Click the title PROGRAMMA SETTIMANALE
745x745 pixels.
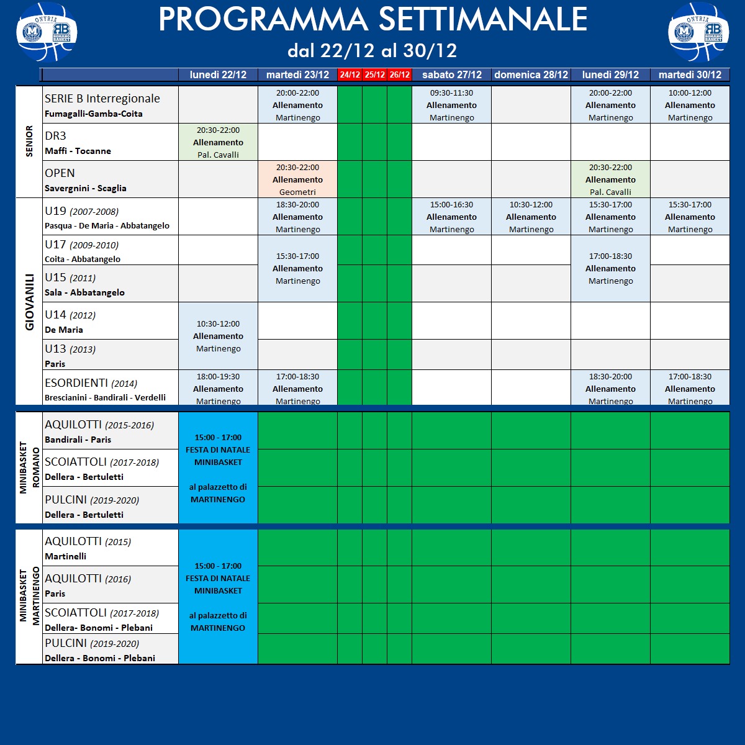pyautogui.click(x=372, y=20)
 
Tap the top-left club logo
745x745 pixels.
pyautogui.click(x=47, y=32)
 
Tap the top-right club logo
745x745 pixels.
pyautogui.click(x=698, y=32)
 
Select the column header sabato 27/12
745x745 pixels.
pyautogui.click(x=451, y=74)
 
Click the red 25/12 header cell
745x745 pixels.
pyautogui.click(x=374, y=74)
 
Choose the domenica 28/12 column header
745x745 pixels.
pyautogui.click(x=531, y=74)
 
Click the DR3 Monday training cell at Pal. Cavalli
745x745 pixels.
pyautogui.click(x=218, y=142)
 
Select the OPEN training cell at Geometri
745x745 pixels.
pyautogui.click(x=297, y=179)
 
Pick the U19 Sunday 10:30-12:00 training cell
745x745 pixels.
pyautogui.click(x=531, y=217)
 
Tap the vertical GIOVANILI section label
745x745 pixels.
pyautogui.click(x=29, y=302)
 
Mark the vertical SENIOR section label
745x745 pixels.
pyautogui.click(x=29, y=142)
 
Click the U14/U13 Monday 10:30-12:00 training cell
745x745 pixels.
pyautogui.click(x=218, y=336)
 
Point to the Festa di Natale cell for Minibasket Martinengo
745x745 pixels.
pyautogui.click(x=218, y=597)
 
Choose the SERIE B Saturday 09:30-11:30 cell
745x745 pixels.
pyautogui.click(x=451, y=105)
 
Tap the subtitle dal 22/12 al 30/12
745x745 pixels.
pyautogui.click(x=372, y=50)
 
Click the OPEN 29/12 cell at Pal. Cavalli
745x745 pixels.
pyautogui.click(x=610, y=179)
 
